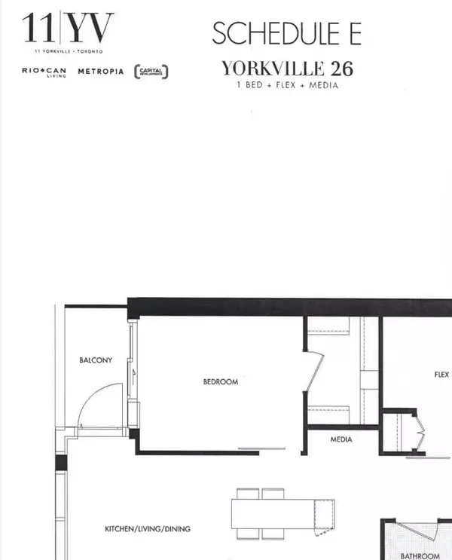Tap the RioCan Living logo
pos(44,72)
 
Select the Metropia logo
pos(101,72)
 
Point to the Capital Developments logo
pos(151,72)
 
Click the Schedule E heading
pos(287,33)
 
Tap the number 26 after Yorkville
pos(342,69)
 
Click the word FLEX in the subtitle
pos(286,85)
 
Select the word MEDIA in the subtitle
pos(323,85)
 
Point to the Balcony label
pos(96,360)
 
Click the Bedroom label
pos(221,382)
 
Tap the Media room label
pos(341,439)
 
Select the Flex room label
pos(441,375)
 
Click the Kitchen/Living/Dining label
pos(148,529)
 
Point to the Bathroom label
pos(420,556)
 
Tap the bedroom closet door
pos(314,372)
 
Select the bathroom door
pos(418,532)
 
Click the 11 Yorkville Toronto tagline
pos(69,51)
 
